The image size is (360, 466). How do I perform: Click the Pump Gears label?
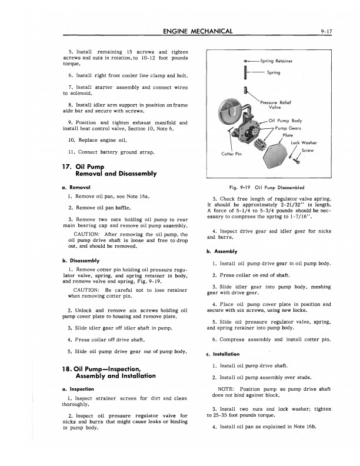point(288,128)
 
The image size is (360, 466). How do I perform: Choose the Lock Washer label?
point(305,142)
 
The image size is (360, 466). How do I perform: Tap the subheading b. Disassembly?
point(85,260)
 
